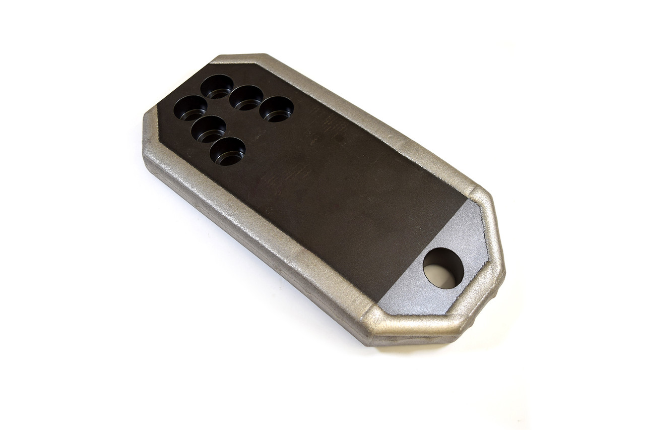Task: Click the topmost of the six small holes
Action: pos(217,87)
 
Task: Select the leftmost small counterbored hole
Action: pos(190,107)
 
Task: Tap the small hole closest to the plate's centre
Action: pos(277,108)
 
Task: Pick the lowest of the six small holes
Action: pos(227,151)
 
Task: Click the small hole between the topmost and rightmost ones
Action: pos(246,97)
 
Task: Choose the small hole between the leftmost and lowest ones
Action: pos(208,129)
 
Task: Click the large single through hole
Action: pos(443,268)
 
